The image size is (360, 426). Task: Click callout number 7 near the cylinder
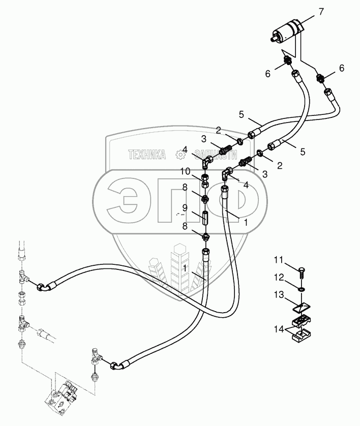[x=321, y=11]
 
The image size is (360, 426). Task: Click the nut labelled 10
[x=206, y=178]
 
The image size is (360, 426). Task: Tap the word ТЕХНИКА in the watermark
[x=147, y=155]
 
